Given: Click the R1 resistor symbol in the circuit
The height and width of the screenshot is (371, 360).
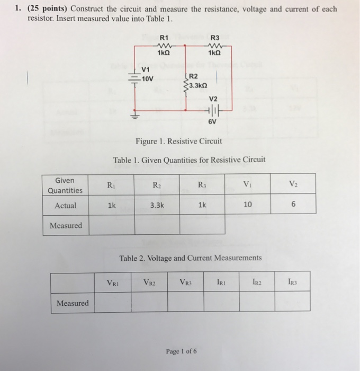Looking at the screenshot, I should coord(164,46).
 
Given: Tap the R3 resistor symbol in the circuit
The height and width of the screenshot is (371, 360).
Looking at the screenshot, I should coord(214,46).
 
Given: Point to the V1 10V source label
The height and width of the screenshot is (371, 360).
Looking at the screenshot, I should coord(148,75).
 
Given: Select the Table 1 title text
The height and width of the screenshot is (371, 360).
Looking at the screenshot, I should coord(189,160).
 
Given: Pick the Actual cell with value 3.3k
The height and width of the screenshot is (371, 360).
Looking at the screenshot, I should coord(157,205).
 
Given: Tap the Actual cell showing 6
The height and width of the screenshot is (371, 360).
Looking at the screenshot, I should coord(293,205).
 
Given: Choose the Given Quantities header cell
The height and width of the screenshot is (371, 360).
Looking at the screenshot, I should coord(65,185).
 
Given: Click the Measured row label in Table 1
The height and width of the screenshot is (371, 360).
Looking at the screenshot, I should coord(66,226).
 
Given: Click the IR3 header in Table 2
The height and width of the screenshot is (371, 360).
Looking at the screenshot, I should coord(292,282).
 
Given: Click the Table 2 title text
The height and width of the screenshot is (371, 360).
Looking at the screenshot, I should coord(190,258).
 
